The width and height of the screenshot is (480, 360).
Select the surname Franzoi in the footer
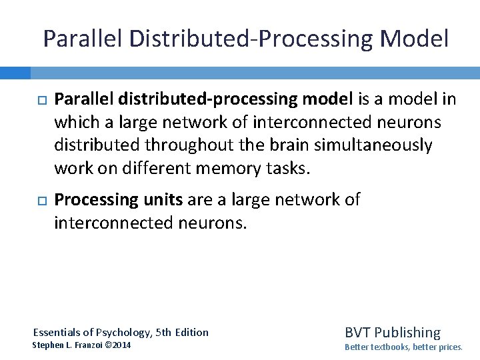[88, 345]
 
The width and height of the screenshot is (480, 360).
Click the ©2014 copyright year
[119, 345]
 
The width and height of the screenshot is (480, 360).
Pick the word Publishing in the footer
[409, 332]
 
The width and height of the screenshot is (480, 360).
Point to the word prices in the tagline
[449, 347]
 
